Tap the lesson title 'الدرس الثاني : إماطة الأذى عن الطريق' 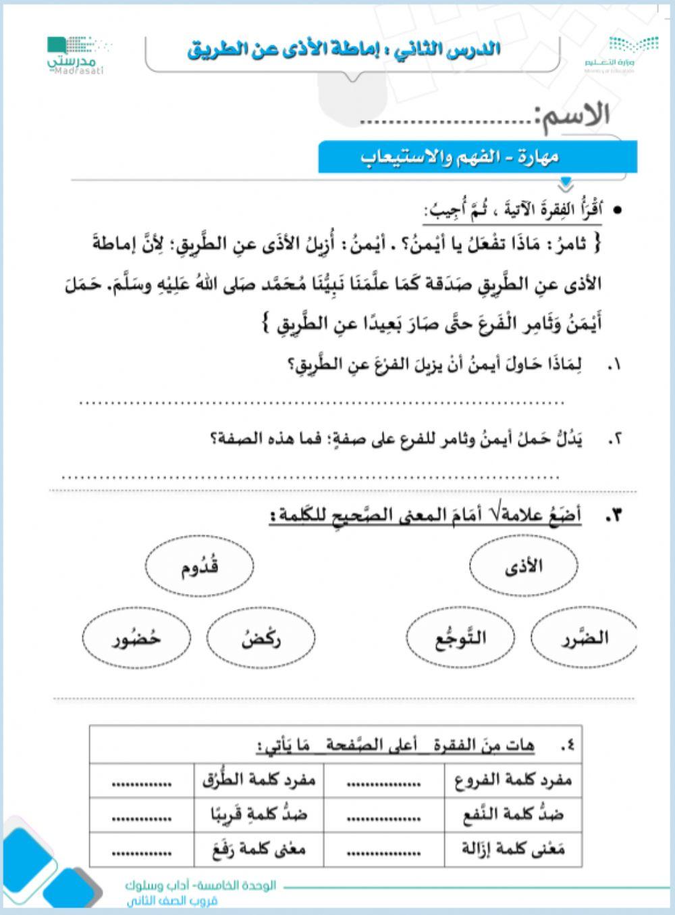(344, 49)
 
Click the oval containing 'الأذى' (524, 566)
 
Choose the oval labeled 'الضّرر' (584, 637)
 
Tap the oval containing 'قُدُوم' (200, 566)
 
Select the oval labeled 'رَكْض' (261, 637)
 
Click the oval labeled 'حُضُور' (137, 637)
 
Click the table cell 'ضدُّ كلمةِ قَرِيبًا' (259, 815)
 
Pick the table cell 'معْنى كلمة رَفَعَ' (259, 849)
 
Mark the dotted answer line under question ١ (322, 403)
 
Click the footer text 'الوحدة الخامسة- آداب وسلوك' (201, 886)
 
